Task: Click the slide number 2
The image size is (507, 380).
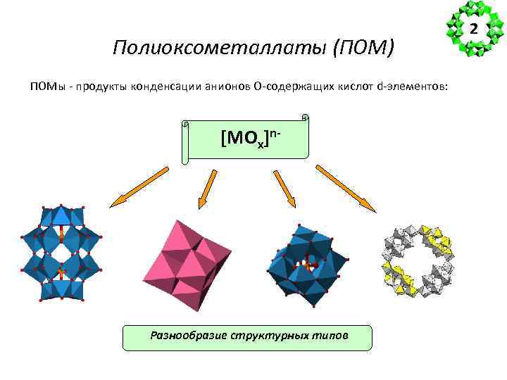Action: pyautogui.click(x=473, y=30)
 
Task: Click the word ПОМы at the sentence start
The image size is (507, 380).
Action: pyautogui.click(x=46, y=87)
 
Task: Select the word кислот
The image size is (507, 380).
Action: pyautogui.click(x=354, y=87)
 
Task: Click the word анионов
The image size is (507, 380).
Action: pyautogui.click(x=225, y=87)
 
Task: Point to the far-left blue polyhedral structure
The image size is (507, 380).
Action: pyautogui.click(x=61, y=253)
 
